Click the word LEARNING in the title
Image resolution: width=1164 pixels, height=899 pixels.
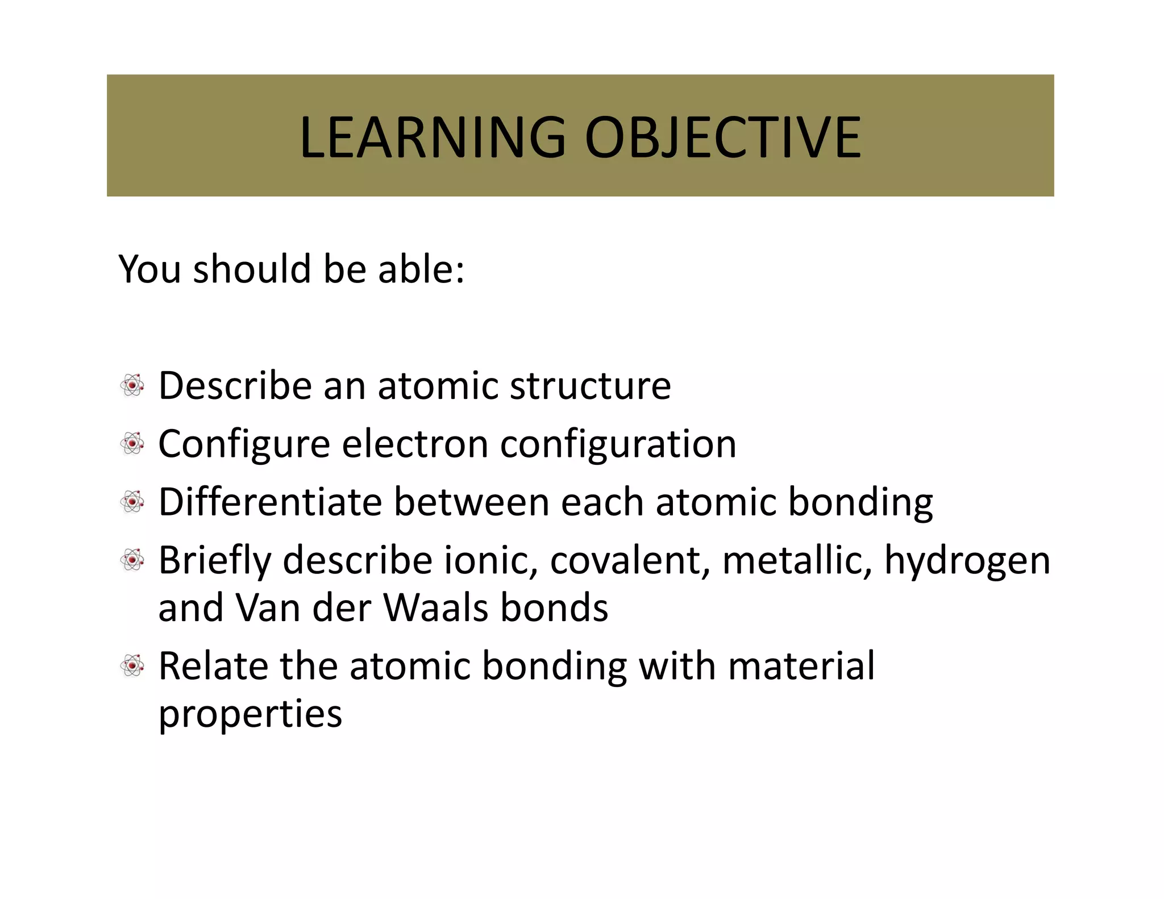pyautogui.click(x=433, y=138)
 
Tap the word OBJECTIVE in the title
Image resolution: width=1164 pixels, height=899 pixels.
pyautogui.click(x=723, y=138)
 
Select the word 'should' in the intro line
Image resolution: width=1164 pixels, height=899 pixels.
pyautogui.click(x=252, y=269)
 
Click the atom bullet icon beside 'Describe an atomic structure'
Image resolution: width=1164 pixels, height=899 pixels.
pyautogui.click(x=132, y=385)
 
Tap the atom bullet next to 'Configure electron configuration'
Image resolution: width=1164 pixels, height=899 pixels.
pyautogui.click(x=132, y=443)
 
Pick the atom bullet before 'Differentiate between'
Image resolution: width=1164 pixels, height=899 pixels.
pyautogui.click(x=132, y=502)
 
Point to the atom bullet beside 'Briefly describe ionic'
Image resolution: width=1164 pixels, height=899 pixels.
pyautogui.click(x=132, y=560)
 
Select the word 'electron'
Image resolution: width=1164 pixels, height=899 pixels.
pyautogui.click(x=415, y=444)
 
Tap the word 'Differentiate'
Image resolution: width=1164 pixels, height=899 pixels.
pyautogui.click(x=270, y=502)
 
